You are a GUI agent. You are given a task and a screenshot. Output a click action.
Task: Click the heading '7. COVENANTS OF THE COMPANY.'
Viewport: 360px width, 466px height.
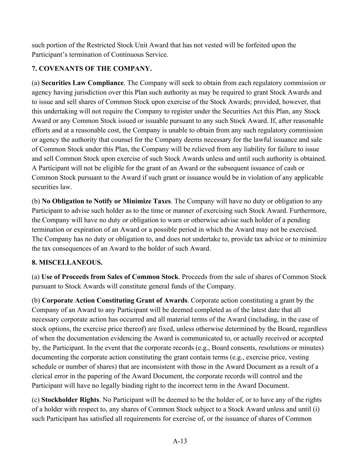tap(91, 69)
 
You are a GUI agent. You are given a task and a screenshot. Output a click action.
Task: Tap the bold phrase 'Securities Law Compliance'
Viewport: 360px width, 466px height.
tap(83, 83)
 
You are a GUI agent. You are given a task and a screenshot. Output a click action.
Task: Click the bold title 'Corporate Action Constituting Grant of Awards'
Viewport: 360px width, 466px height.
tap(114, 300)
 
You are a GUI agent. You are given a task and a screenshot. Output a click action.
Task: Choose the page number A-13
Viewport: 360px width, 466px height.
tap(180, 441)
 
